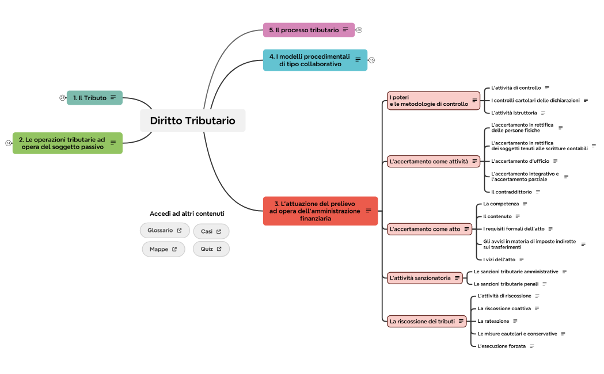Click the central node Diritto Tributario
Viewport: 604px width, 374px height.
[193, 120]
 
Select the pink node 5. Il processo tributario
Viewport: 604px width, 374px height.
[309, 30]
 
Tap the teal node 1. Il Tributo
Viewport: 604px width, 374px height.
[94, 98]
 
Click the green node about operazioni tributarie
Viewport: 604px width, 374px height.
[67, 143]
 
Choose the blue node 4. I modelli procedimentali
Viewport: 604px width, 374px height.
[315, 60]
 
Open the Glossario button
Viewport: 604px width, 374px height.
[165, 230]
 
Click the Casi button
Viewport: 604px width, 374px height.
[211, 231]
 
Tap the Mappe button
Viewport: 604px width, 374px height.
[164, 249]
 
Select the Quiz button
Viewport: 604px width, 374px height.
[211, 249]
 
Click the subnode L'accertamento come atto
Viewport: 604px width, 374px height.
[430, 229]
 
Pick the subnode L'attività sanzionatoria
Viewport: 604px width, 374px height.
[424, 278]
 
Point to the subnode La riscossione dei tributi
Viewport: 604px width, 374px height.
[427, 321]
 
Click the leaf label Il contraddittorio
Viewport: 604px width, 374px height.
[511, 192]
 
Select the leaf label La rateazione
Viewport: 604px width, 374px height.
[493, 321]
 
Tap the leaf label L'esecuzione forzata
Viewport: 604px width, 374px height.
[502, 346]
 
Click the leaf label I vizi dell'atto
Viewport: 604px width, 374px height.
[499, 259]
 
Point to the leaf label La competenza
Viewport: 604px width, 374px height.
[501, 204]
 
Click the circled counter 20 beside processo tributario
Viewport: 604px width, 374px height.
[359, 30]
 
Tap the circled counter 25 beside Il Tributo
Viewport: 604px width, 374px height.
[62, 98]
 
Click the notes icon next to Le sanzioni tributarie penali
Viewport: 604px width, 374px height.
[545, 284]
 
